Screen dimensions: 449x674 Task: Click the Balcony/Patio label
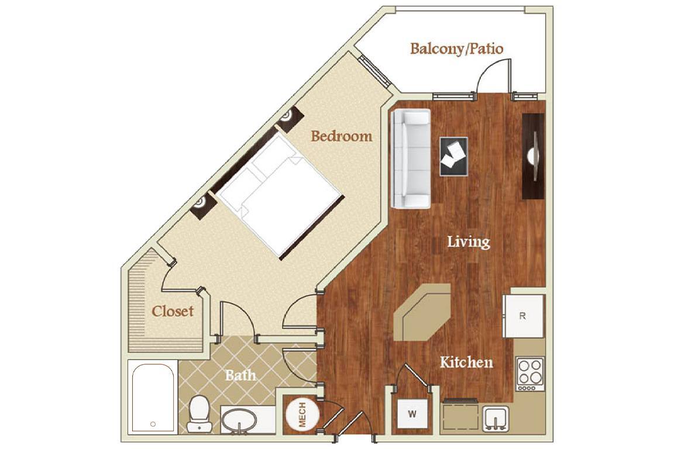[456, 48]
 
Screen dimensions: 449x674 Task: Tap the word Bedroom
[341, 136]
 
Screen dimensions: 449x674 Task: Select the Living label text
[468, 241]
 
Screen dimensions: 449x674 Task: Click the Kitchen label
[466, 362]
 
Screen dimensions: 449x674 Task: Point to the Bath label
[240, 375]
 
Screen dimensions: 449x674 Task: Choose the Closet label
[173, 311]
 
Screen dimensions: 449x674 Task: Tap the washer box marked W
[412, 415]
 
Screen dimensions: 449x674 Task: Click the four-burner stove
[530, 372]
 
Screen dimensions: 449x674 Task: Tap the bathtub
[152, 398]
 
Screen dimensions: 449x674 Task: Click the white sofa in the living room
[411, 158]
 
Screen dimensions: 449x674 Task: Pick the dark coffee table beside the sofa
[453, 156]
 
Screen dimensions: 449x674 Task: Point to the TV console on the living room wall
[533, 156]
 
